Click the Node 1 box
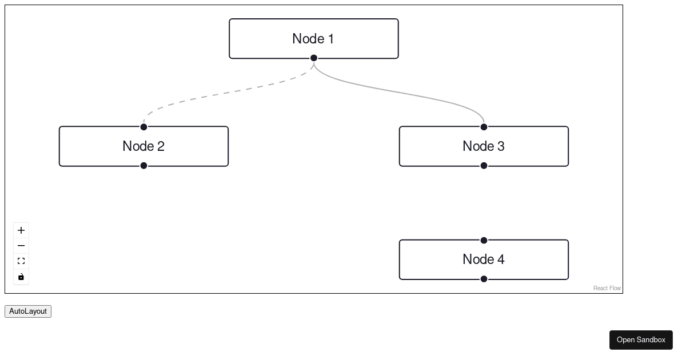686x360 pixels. click(313, 38)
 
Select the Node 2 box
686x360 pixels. click(143, 146)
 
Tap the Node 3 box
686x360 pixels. click(484, 146)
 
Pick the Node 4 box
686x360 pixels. click(484, 259)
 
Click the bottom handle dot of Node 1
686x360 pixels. click(314, 58)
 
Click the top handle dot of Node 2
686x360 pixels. click(143, 127)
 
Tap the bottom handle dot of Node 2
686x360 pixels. click(143, 166)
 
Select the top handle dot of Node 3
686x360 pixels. click(484, 127)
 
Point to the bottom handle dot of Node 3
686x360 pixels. click(484, 166)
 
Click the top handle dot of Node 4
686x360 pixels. click(484, 241)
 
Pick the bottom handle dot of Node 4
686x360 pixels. click(484, 279)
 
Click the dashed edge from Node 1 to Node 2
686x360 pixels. click(229, 93)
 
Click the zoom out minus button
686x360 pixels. click(21, 246)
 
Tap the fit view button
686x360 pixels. click(21, 261)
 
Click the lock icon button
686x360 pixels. click(21, 277)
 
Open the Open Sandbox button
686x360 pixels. click(641, 340)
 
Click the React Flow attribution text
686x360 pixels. click(607, 288)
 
